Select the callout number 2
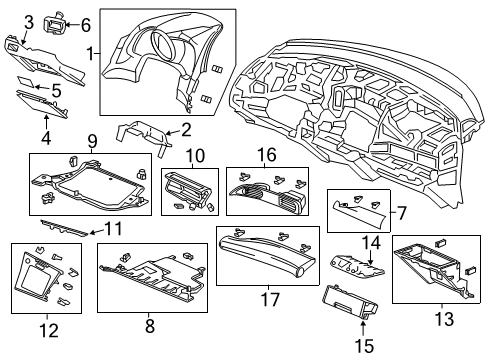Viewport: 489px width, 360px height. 184,128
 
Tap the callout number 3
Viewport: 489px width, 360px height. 28,21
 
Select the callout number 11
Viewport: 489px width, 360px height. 113,230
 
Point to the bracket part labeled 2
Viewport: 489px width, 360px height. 140,135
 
